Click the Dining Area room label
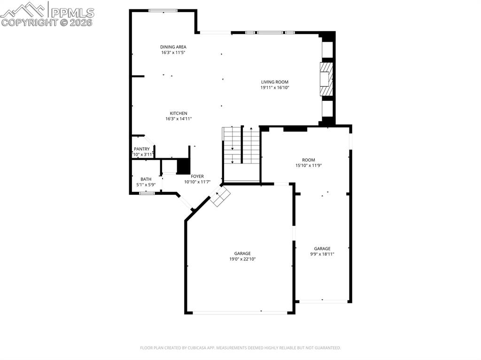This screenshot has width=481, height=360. tap(173, 47)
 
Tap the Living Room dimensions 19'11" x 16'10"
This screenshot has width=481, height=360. tap(275, 87)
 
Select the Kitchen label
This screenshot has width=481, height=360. tap(178, 113)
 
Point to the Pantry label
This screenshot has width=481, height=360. tap(141, 149)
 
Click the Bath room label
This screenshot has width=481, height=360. tap(146, 179)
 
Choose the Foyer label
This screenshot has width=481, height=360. tap(197, 176)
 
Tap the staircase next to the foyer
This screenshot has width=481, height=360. tap(241, 145)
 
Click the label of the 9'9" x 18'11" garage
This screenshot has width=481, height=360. tap(322, 249)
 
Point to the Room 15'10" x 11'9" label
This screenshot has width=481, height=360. tap(309, 160)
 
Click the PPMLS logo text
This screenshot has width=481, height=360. tap(72, 12)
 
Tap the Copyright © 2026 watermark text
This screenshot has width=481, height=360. tap(47, 22)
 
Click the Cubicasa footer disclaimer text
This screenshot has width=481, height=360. tap(240, 348)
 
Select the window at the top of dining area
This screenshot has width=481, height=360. tap(163, 10)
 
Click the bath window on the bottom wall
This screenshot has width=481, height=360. tap(147, 193)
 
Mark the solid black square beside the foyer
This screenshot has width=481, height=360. tap(183, 167)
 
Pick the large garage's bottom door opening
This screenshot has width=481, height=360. tap(240, 313)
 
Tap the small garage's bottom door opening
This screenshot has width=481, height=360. tap(322, 301)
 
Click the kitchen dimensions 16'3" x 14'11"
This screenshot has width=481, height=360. tap(178, 119)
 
